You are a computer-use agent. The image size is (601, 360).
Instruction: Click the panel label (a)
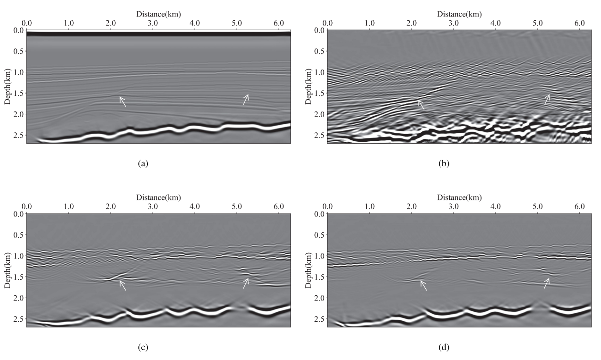click(x=143, y=163)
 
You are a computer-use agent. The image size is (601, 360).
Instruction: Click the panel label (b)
click(x=444, y=163)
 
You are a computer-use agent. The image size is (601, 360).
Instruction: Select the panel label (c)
click(x=143, y=348)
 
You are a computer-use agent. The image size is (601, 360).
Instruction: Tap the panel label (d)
click(x=444, y=348)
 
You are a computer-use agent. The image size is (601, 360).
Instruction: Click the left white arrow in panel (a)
click(x=122, y=102)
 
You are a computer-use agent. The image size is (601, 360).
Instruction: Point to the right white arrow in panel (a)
click(x=246, y=99)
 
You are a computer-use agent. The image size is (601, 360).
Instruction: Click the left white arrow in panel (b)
click(x=421, y=105)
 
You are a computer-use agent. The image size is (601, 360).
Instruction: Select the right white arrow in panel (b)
click(x=547, y=99)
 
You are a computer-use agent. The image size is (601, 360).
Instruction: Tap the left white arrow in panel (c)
click(x=122, y=285)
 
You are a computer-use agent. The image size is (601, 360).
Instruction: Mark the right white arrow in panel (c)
click(x=246, y=283)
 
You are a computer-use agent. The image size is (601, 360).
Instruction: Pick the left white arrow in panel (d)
click(x=423, y=285)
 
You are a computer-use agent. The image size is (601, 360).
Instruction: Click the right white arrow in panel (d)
click(x=547, y=283)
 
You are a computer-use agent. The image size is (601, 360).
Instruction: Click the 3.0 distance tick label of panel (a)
click(x=153, y=23)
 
